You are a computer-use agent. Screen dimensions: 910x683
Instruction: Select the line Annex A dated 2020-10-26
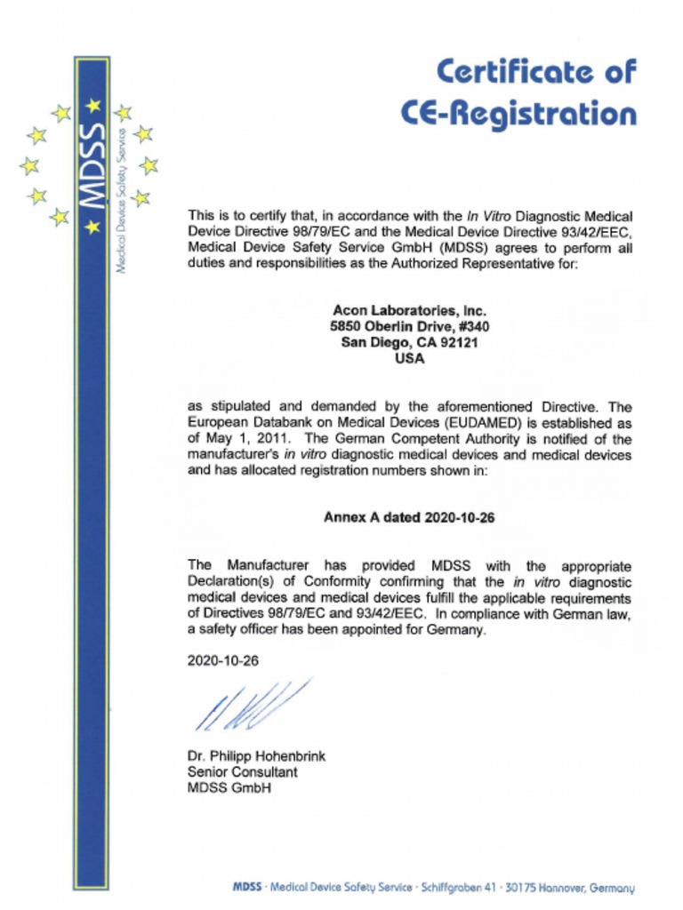click(x=409, y=518)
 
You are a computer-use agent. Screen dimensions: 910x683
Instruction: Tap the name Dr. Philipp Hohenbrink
click(x=256, y=756)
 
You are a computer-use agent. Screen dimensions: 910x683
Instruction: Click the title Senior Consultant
click(x=242, y=772)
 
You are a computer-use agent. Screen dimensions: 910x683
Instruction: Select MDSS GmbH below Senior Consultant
click(x=229, y=788)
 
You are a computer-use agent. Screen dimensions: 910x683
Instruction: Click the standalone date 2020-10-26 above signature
click(x=222, y=661)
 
